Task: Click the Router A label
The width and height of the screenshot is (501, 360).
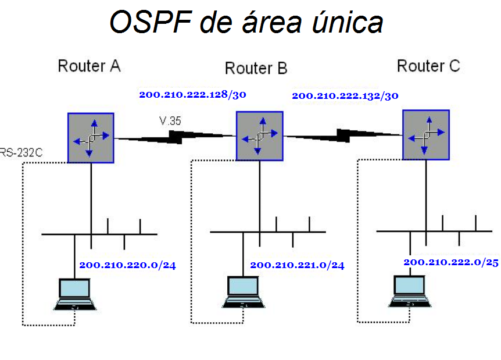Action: coord(89,66)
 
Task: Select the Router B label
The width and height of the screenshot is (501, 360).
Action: coord(256,69)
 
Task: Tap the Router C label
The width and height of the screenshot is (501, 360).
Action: coord(428,66)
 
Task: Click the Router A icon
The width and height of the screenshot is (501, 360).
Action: coord(90,138)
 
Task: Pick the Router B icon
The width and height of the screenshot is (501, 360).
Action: coord(260,137)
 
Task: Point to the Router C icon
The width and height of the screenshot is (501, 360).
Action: coord(425,135)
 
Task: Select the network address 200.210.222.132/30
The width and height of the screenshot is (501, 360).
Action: coord(345,96)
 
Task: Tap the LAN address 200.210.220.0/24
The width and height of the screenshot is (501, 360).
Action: coord(127,265)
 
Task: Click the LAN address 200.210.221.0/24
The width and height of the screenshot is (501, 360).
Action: coord(297,265)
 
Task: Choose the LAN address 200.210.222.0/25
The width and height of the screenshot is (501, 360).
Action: coord(451,262)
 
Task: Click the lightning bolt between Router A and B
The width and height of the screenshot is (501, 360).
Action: coord(177,136)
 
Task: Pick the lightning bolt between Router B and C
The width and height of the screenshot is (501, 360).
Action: coord(344,136)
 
